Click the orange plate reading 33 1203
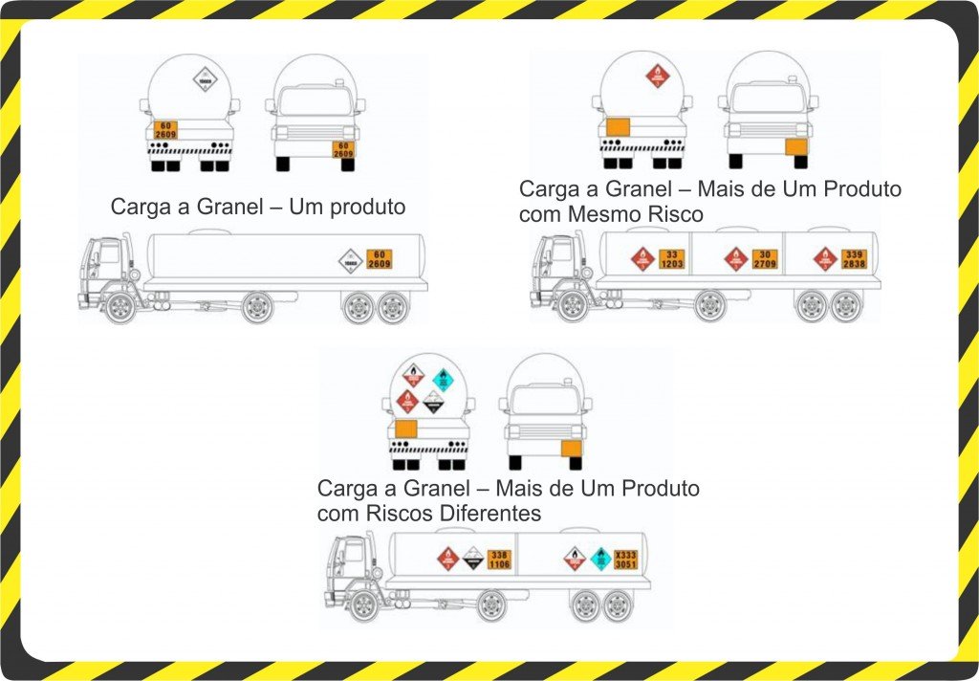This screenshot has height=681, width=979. point(672,258)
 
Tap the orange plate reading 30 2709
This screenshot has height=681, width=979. point(764,258)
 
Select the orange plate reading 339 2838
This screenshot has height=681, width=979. point(854,258)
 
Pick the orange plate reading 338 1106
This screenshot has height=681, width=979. point(500,560)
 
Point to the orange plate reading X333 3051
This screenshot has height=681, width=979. point(625,560)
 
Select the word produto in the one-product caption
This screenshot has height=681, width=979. point(362,207)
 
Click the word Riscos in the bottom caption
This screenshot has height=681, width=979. point(395,514)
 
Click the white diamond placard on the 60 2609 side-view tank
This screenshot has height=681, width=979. point(351,259)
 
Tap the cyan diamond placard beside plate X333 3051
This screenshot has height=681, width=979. point(599,559)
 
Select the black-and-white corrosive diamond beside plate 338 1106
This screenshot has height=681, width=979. point(472,559)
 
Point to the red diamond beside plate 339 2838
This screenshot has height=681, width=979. point(825,258)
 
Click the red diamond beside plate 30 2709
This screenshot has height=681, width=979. point(735,258)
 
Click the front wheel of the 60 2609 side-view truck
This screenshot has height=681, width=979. point(120,307)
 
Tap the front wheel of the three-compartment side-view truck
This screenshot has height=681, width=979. point(572,305)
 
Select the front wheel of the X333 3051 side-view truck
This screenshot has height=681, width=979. point(362,604)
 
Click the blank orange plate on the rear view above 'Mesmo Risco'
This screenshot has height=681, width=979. point(619,128)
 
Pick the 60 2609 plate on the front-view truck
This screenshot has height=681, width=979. point(342,149)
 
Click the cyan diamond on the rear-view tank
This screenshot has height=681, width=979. point(442,379)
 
